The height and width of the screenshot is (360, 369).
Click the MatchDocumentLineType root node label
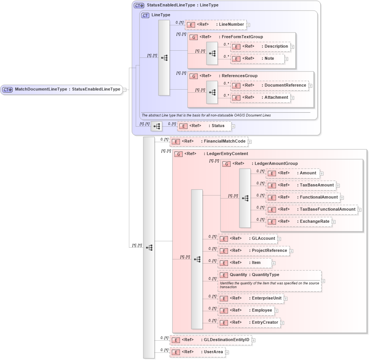click(x=67, y=90)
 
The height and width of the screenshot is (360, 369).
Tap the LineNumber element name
click(x=231, y=25)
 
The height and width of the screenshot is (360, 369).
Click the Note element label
click(x=269, y=59)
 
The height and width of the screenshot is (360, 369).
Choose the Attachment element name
click(x=276, y=98)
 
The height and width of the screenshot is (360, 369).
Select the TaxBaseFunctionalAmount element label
click(x=327, y=209)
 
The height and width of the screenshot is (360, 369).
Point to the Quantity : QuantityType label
click(x=254, y=275)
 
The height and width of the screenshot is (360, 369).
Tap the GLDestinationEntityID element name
click(x=226, y=340)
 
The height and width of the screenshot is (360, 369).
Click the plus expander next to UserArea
click(x=227, y=352)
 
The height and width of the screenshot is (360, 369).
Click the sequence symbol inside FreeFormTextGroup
click(x=212, y=53)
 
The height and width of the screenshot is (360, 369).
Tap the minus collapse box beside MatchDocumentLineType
click(x=124, y=90)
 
